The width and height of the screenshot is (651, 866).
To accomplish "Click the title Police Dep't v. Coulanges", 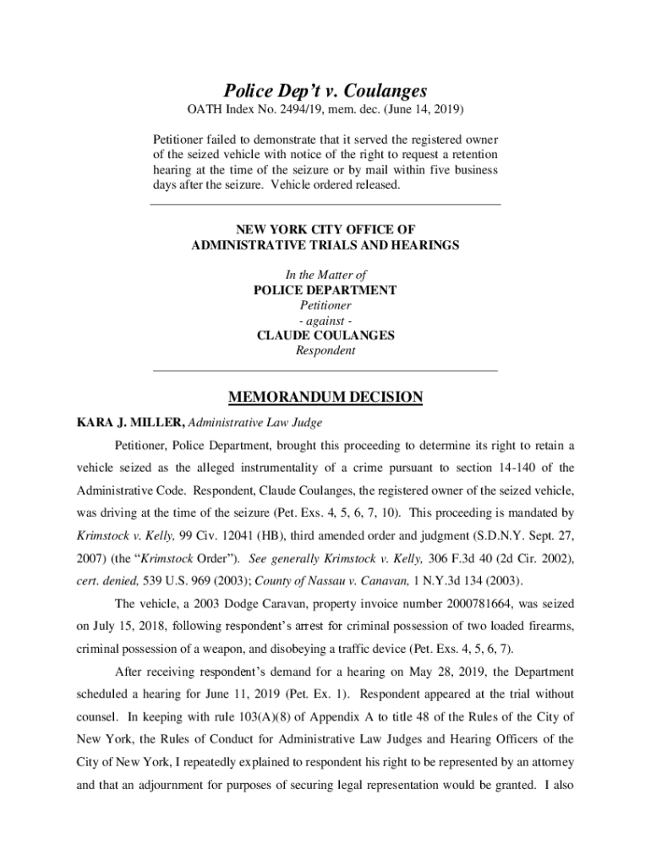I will tap(325, 90).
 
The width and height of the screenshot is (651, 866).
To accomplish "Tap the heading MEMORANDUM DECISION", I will tap(325, 397).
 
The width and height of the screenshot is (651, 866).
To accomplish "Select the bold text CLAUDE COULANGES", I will tap(325, 335).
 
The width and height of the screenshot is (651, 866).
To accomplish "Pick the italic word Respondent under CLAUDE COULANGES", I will tap(325, 351).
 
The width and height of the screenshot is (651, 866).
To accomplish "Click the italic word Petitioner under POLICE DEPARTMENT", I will tap(325, 304).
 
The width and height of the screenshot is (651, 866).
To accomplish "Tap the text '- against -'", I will tap(325, 321).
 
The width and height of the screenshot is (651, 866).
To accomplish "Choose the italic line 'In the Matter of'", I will tap(325, 275).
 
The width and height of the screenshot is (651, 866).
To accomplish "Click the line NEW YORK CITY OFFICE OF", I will tap(325, 229).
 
